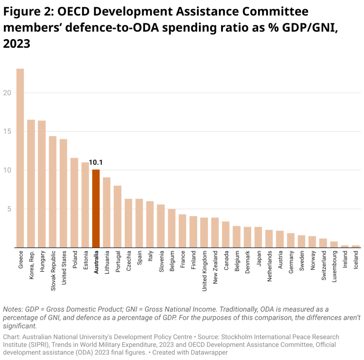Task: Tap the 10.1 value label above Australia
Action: [96, 163]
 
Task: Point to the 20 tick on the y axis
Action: [7, 93]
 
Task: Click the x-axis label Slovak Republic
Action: [53, 270]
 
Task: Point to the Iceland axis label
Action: [356, 261]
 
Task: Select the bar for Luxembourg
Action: [334, 244]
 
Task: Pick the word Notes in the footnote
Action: [11, 309]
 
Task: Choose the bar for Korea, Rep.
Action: [31, 184]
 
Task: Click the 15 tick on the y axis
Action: [7, 132]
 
